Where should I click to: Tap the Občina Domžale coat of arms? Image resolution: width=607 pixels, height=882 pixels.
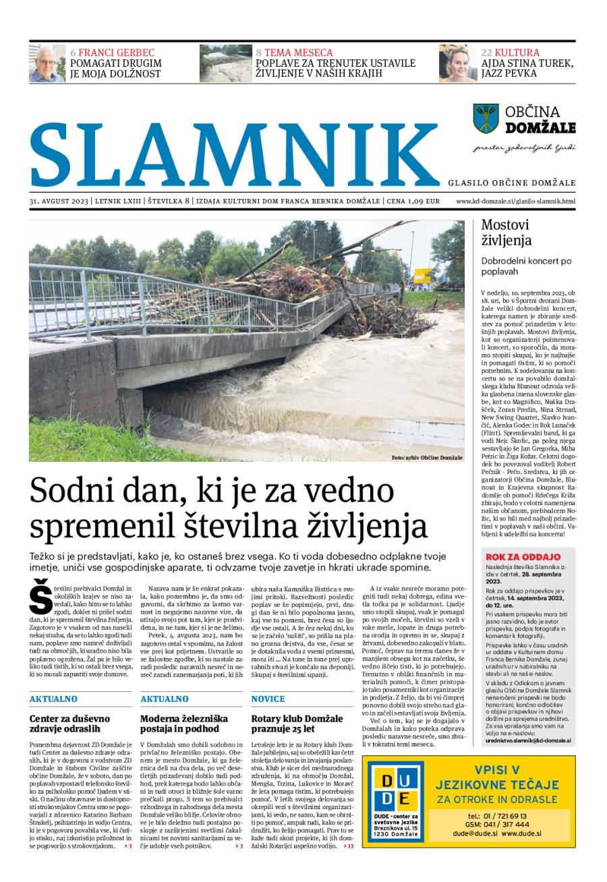(486, 118)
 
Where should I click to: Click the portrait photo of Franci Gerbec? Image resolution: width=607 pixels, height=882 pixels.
(47, 63)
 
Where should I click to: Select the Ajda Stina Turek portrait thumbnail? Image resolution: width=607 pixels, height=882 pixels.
(458, 63)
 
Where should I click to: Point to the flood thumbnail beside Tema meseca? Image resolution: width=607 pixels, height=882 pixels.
(225, 63)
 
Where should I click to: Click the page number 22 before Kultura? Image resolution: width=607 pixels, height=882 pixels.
(486, 53)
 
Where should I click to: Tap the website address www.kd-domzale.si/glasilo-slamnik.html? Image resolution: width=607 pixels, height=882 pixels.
(515, 201)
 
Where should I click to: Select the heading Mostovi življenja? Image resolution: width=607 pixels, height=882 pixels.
(507, 233)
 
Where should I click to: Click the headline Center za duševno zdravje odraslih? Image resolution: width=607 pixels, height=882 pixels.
(69, 724)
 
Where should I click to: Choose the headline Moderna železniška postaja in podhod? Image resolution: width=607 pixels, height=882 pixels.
(183, 724)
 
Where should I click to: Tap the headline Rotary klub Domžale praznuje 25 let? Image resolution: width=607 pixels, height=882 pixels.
(297, 724)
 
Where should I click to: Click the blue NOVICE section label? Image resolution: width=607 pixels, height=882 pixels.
(268, 699)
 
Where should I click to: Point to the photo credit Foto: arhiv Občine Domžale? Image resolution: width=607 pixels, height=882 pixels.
(427, 458)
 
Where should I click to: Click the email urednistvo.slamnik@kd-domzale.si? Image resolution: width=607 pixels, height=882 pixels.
(528, 740)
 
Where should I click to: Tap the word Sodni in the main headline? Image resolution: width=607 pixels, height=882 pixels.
(69, 490)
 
